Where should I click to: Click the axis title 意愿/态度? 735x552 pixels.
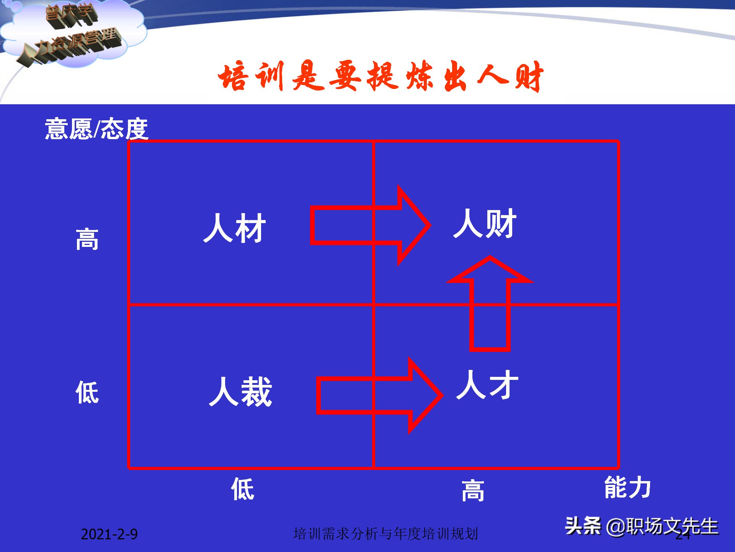click(x=96, y=129)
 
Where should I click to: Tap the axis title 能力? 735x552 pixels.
click(x=627, y=487)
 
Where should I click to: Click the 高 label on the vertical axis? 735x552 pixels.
click(x=87, y=239)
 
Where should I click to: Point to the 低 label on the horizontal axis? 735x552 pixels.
click(x=242, y=489)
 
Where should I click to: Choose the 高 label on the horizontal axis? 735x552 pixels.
click(x=473, y=490)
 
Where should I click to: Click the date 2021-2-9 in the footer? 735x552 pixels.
click(x=109, y=534)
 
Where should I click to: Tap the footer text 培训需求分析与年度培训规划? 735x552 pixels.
click(x=385, y=534)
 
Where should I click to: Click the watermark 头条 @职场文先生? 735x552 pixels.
click(x=641, y=526)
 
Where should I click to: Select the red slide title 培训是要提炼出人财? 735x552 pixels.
click(x=381, y=76)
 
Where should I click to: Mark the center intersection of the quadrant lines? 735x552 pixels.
click(x=373, y=305)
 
